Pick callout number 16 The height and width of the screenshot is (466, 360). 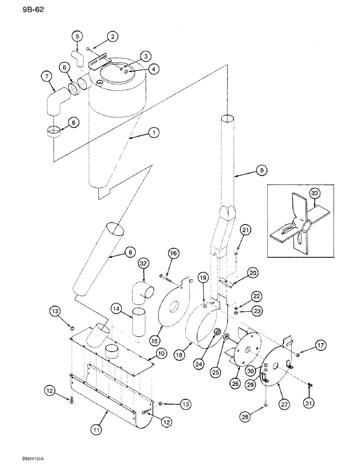click(173, 253)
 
